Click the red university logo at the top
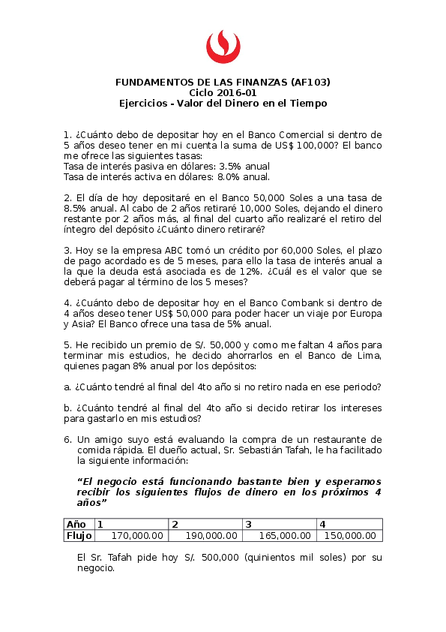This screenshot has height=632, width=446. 223,47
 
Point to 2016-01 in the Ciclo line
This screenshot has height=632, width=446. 238,92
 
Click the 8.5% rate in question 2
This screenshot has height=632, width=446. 76,209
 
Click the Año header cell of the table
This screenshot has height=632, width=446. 76,524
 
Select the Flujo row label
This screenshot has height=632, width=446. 78,535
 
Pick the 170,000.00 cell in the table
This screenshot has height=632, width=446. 137,535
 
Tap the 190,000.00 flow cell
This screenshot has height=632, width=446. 211,535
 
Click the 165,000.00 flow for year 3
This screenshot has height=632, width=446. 285,535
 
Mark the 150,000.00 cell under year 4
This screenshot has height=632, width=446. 349,535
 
